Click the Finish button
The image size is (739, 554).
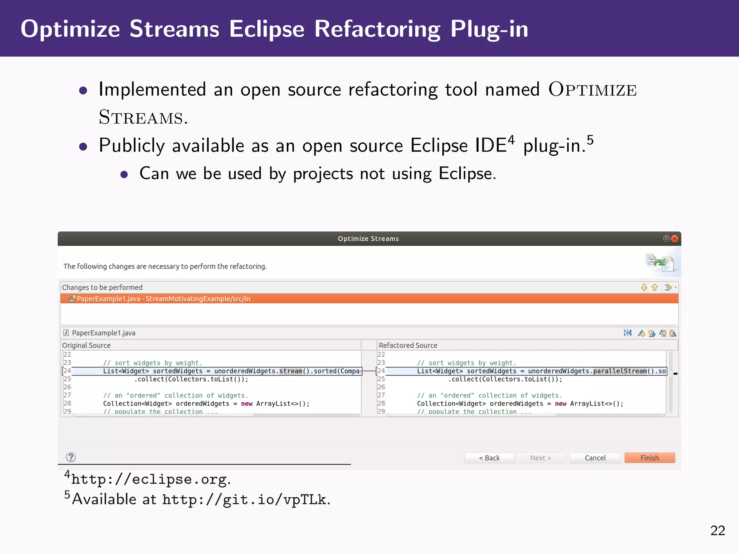[x=649, y=458]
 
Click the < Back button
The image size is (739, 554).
[x=489, y=458]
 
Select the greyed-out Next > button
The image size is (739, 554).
[x=540, y=458]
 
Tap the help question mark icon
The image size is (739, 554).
[x=71, y=457]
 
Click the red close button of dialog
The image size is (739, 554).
[x=674, y=238]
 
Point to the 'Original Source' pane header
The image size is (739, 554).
[x=86, y=345]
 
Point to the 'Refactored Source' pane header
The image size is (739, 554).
[x=408, y=345]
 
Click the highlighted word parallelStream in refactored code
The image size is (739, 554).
[x=620, y=371]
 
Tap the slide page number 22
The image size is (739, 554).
[x=717, y=531]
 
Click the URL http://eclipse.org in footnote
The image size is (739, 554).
[x=149, y=479]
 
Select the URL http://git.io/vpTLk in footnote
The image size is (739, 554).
[x=244, y=500]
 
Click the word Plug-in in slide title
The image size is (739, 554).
[x=489, y=29]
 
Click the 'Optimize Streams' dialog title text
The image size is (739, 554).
[x=368, y=238]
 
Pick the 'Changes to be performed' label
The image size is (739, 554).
[x=102, y=287]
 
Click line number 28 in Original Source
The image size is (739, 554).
[x=67, y=403]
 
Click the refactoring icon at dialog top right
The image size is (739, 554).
[x=659, y=262]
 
